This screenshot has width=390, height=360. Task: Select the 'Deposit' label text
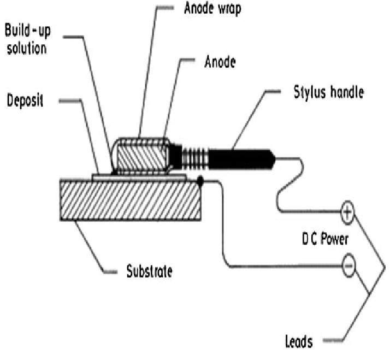point(26,101)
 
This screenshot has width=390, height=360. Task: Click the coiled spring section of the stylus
point(194,155)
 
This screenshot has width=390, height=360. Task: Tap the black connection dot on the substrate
point(201,181)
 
